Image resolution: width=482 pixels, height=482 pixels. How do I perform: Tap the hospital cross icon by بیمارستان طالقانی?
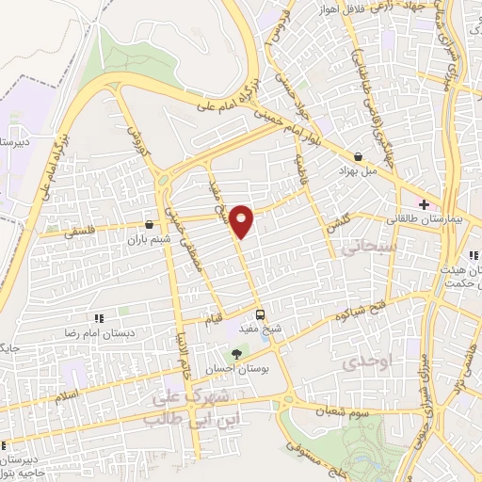(x=424, y=204)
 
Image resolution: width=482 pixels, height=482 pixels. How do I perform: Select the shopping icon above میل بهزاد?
(x=358, y=157)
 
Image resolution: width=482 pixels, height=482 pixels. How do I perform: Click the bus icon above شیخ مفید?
(x=262, y=315)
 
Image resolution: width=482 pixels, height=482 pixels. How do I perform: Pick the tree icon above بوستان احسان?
(x=236, y=354)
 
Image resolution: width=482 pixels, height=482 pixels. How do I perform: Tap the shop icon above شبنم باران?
(x=150, y=224)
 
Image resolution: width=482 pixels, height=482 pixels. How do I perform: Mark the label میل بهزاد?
(x=358, y=172)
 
